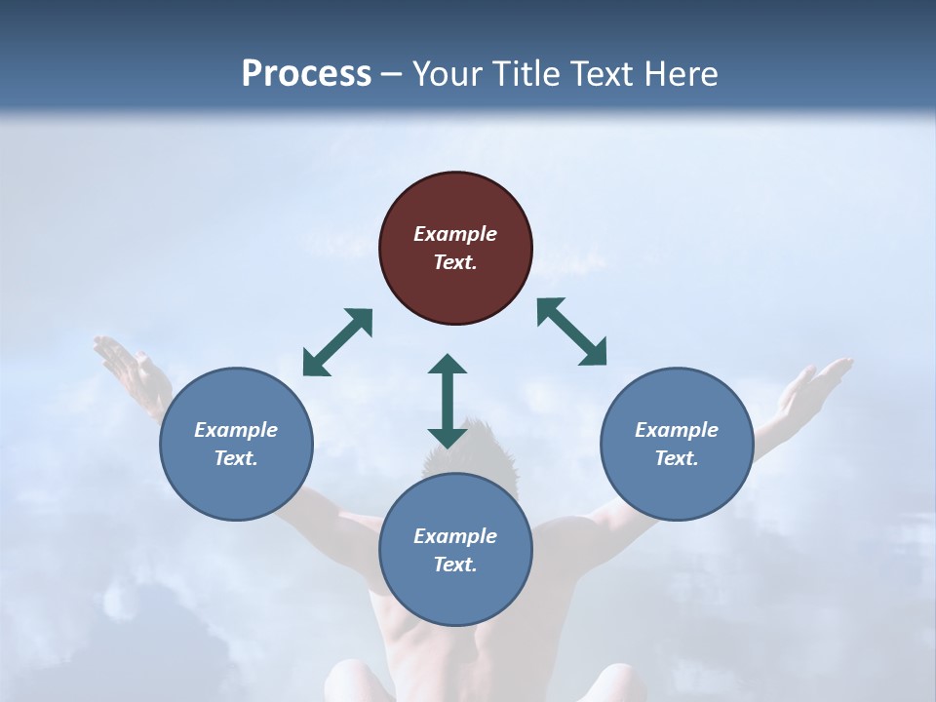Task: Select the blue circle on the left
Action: tap(236, 444)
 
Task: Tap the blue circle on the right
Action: tap(677, 444)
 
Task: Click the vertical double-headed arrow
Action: tap(448, 401)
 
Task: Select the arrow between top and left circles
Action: tap(337, 342)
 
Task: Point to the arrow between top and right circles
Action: tap(571, 331)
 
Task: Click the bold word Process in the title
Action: tap(306, 73)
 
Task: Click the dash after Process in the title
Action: tap(392, 74)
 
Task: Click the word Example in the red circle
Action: tap(455, 234)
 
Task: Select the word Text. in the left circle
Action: tap(236, 458)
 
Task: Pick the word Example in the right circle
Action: tap(677, 430)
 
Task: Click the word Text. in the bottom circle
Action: tap(455, 565)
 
